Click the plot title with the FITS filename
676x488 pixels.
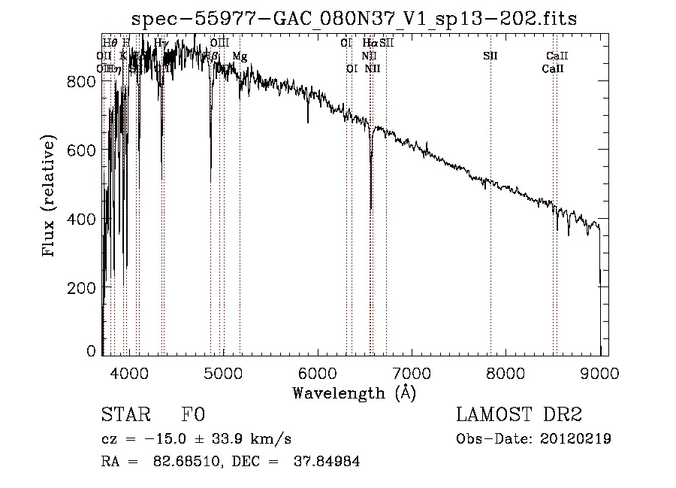pyautogui.click(x=354, y=19)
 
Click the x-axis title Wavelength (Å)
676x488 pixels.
pyautogui.click(x=354, y=393)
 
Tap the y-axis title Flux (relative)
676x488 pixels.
pyautogui.click(x=50, y=197)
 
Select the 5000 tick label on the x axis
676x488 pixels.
pyautogui.click(x=223, y=371)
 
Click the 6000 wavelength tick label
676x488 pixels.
pyautogui.click(x=318, y=371)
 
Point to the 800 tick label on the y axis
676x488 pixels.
pyautogui.click(x=83, y=82)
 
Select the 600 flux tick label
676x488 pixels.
pyautogui.click(x=83, y=150)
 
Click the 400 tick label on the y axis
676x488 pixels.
pyautogui.click(x=83, y=219)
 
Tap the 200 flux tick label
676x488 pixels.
pyautogui.click(x=83, y=288)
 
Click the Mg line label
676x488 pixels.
pyautogui.click(x=239, y=56)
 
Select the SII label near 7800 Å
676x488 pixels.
pyautogui.click(x=490, y=56)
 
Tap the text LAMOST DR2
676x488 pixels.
pyautogui.click(x=519, y=415)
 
